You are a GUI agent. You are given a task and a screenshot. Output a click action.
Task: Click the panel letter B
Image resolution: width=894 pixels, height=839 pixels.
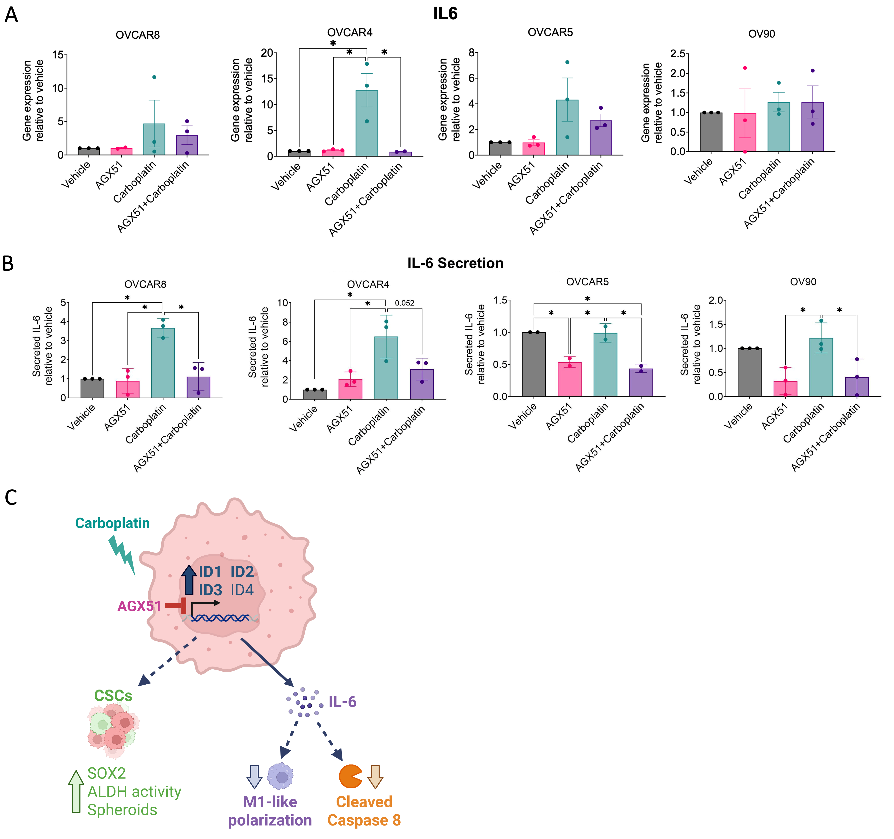click(x=8, y=264)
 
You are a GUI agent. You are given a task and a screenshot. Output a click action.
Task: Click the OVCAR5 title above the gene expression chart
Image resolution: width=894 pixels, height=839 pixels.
click(x=550, y=32)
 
